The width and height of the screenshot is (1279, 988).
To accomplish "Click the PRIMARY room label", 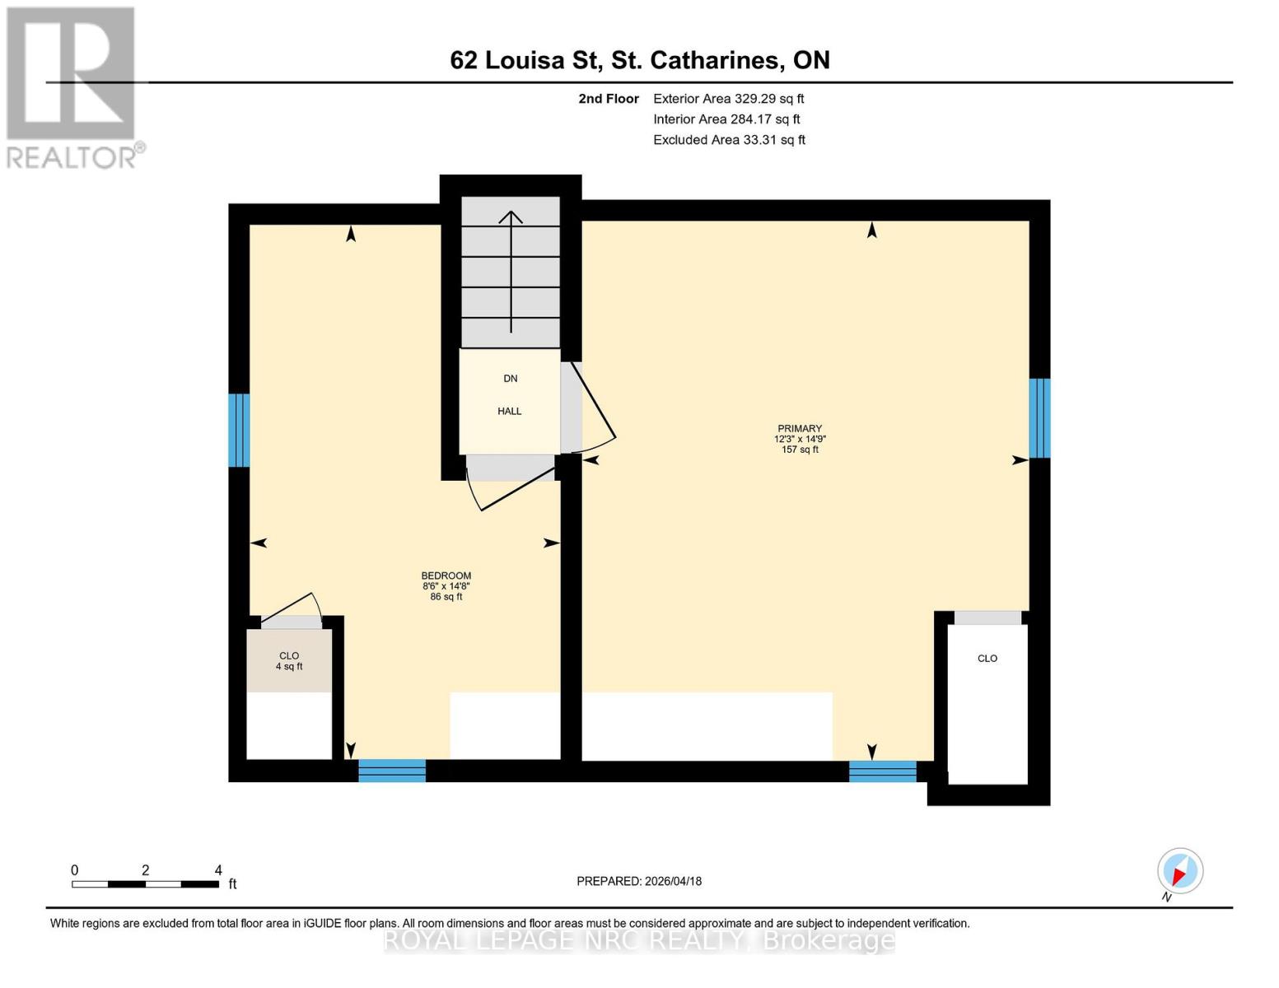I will tap(799, 428).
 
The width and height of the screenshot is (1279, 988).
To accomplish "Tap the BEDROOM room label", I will tap(446, 576).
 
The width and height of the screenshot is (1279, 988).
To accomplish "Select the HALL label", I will tap(509, 411).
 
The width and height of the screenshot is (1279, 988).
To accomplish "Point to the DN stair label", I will tap(511, 378).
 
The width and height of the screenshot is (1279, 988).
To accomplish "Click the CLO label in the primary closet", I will tap(987, 658).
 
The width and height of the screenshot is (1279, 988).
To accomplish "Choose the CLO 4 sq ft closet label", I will tap(289, 661).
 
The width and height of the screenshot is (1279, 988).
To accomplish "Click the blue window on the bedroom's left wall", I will tap(239, 430).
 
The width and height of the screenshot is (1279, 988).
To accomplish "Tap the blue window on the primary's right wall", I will tap(1039, 417).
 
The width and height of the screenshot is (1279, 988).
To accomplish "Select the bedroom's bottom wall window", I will tap(392, 771).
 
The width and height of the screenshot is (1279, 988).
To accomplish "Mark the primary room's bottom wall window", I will tap(882, 771).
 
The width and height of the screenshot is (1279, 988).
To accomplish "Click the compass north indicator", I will tap(1179, 871).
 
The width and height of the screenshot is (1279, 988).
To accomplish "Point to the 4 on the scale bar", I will tap(218, 870).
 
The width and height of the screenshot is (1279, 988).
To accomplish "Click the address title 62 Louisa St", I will tap(639, 60).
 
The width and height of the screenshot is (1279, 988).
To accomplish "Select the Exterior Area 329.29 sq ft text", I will tap(728, 99).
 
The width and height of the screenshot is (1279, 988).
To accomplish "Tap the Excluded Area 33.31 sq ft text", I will tap(729, 140).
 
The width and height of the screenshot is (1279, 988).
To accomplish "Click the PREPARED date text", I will tap(639, 881).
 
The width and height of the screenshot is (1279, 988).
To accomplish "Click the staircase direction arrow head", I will tap(511, 217).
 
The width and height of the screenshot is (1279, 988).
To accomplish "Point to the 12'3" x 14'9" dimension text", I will tap(799, 440).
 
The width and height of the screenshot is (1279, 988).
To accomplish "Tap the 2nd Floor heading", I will tap(609, 99).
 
